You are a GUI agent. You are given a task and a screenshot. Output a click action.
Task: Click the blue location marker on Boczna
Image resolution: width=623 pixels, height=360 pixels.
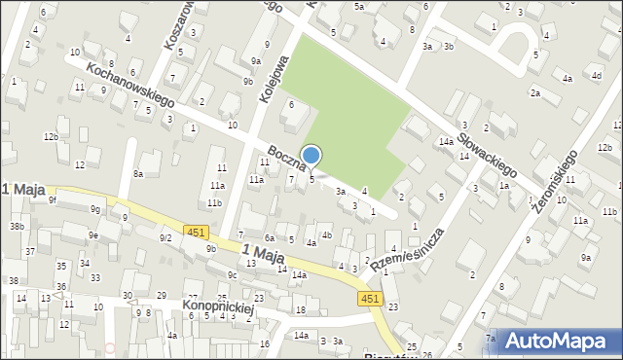click(311, 156)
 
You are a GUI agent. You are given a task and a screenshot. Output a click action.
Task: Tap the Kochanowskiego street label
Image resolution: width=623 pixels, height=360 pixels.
click(129, 85)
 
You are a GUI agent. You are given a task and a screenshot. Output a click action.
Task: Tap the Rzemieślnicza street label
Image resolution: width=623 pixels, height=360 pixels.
click(407, 250)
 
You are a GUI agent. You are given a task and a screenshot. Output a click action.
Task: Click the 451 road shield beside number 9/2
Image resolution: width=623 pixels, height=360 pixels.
click(196, 232)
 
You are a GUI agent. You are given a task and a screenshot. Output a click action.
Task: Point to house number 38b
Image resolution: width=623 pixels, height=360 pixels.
click(17, 227)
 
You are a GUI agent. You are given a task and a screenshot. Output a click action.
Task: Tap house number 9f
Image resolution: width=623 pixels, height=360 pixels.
click(54, 200)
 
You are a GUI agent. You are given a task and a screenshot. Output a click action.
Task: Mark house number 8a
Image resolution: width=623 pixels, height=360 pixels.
click(138, 174)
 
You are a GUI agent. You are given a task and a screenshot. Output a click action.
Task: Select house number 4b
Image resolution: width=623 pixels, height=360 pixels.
click(327, 234)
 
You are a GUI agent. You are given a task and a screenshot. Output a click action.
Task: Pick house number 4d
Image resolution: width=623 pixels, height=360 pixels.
click(596, 75)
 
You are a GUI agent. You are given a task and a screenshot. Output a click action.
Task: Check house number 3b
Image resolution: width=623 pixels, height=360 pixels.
click(448, 46)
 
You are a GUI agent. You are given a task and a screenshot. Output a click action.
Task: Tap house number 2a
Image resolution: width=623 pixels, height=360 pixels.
click(534, 92)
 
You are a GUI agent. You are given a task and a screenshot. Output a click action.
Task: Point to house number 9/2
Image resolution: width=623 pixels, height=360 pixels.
click(165, 237)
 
